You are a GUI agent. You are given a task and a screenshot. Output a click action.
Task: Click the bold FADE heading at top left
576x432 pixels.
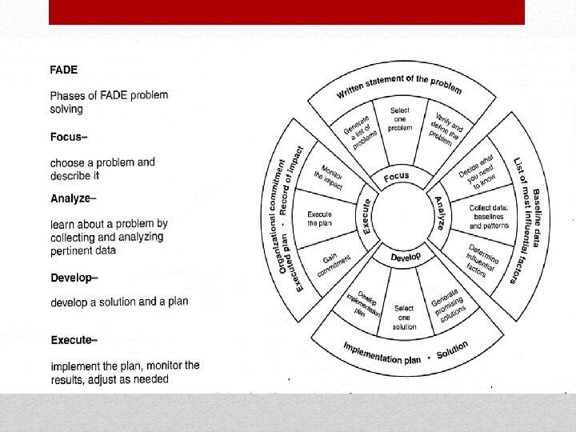tap(64, 70)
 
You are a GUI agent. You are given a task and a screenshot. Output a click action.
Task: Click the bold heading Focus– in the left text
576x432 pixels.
tap(67, 136)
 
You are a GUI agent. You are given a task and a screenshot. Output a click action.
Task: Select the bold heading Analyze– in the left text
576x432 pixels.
tap(74, 198)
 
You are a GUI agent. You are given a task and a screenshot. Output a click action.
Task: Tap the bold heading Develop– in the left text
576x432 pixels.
tap(74, 278)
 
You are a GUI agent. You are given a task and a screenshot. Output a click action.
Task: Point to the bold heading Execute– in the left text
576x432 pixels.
tap(74, 340)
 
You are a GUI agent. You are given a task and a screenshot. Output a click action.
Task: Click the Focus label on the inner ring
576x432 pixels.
tap(396, 176)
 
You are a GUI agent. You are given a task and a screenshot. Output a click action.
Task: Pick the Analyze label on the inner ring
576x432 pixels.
tap(439, 213)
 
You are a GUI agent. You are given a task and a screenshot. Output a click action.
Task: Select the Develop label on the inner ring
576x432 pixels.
tap(406, 257)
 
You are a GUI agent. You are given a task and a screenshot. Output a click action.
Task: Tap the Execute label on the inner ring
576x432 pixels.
tap(366, 217)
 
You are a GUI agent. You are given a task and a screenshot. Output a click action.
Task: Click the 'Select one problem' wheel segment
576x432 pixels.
tap(400, 119)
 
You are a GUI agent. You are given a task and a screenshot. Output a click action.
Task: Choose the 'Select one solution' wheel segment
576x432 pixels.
tap(405, 317)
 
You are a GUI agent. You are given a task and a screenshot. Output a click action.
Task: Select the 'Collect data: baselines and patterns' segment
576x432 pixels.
tap(489, 216)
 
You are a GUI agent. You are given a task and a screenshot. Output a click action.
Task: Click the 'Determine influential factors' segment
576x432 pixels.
tap(480, 261)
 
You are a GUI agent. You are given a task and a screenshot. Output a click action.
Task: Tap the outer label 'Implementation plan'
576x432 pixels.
tap(382, 353)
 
